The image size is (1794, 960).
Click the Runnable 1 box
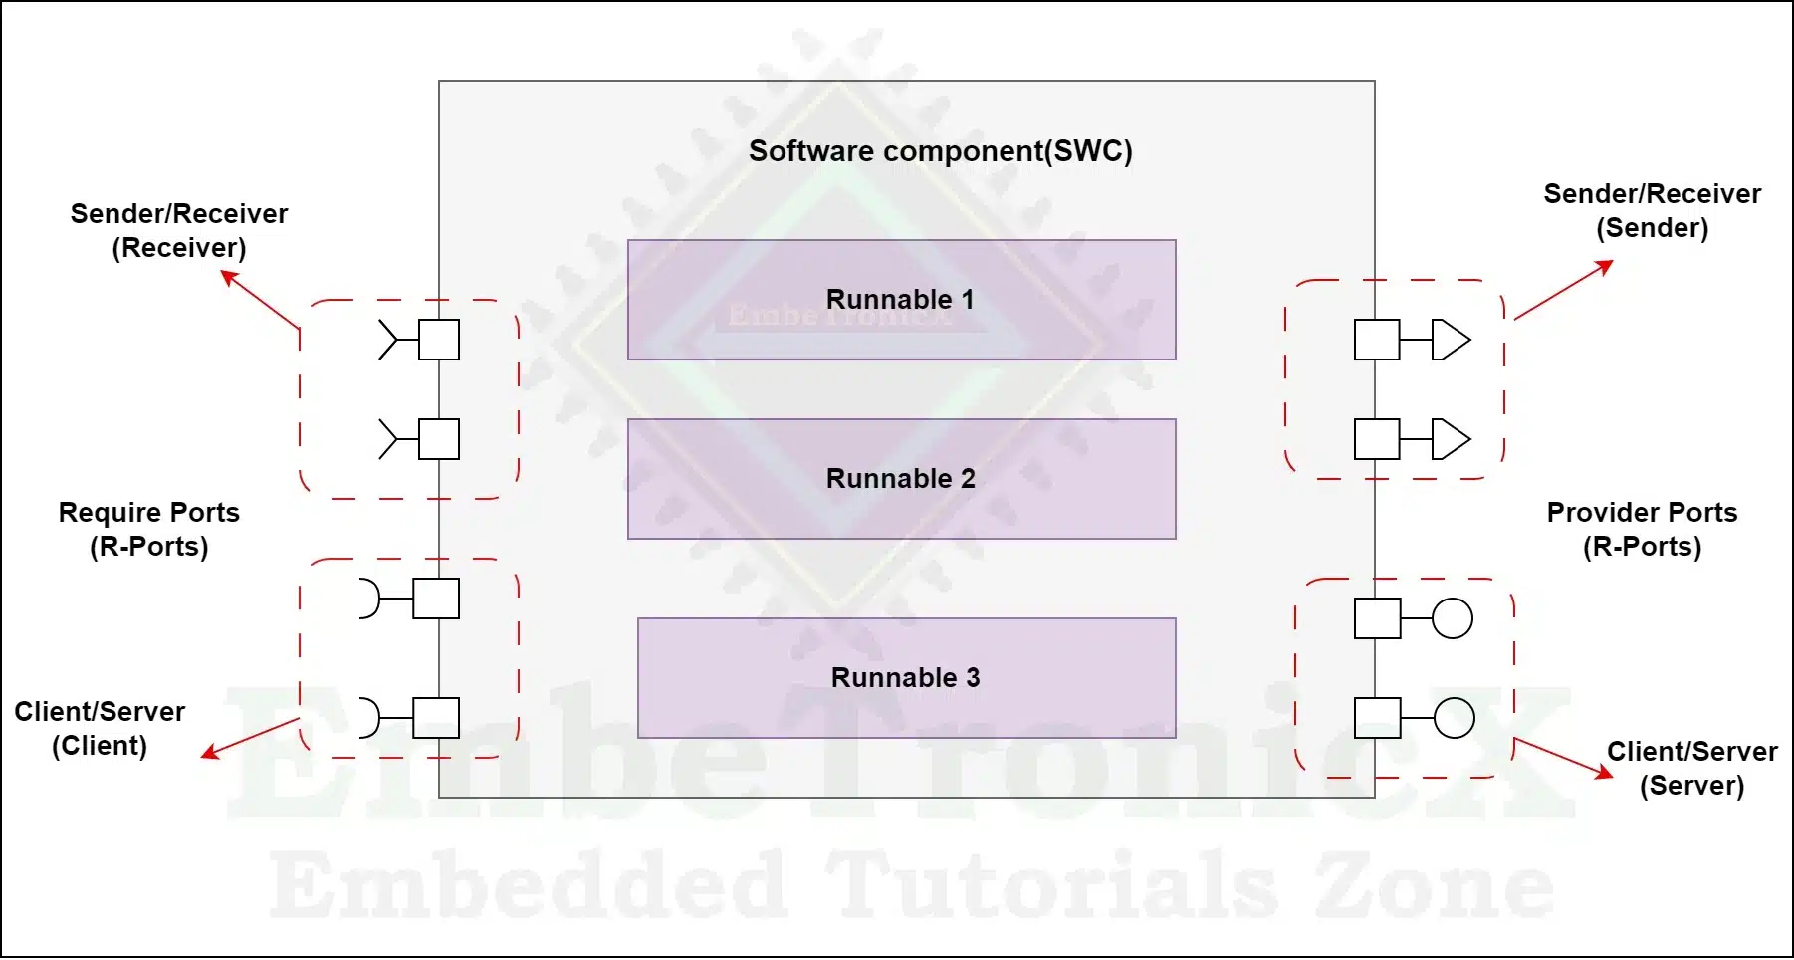pos(901,300)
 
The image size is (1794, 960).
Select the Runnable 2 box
pos(901,479)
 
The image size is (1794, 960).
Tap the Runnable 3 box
pos(906,678)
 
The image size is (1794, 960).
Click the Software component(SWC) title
pos(941,151)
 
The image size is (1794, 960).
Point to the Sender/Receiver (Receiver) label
pos(179,230)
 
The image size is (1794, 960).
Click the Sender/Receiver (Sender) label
pos(1652,210)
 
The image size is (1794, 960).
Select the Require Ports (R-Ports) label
pos(149,529)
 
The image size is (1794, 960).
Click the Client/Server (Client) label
pos(100,728)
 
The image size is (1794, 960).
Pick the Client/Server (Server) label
pos(1691,768)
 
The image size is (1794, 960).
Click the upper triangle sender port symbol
pos(1452,340)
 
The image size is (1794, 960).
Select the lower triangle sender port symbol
pos(1452,439)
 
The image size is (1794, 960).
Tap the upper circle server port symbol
pos(1453,618)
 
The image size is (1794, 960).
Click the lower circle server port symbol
pos(1454,718)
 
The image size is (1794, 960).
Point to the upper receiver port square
pos(439,340)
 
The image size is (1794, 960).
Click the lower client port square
pos(436,718)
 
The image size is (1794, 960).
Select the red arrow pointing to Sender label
pos(1563,290)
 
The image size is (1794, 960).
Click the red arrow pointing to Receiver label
pos(260,299)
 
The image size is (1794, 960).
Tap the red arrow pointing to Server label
pos(1563,758)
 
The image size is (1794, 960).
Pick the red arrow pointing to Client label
pos(250,738)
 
